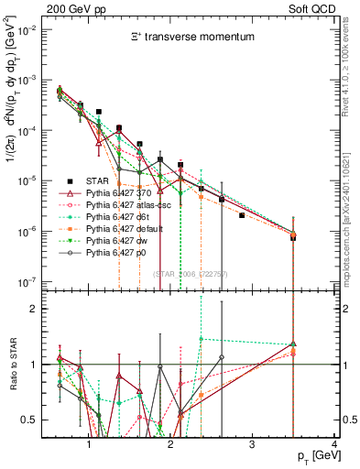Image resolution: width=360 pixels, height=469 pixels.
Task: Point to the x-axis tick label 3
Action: coord(252,445)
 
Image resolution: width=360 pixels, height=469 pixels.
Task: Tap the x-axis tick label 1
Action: coord(89,445)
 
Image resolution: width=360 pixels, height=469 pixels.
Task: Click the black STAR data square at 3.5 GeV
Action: coord(293,237)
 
